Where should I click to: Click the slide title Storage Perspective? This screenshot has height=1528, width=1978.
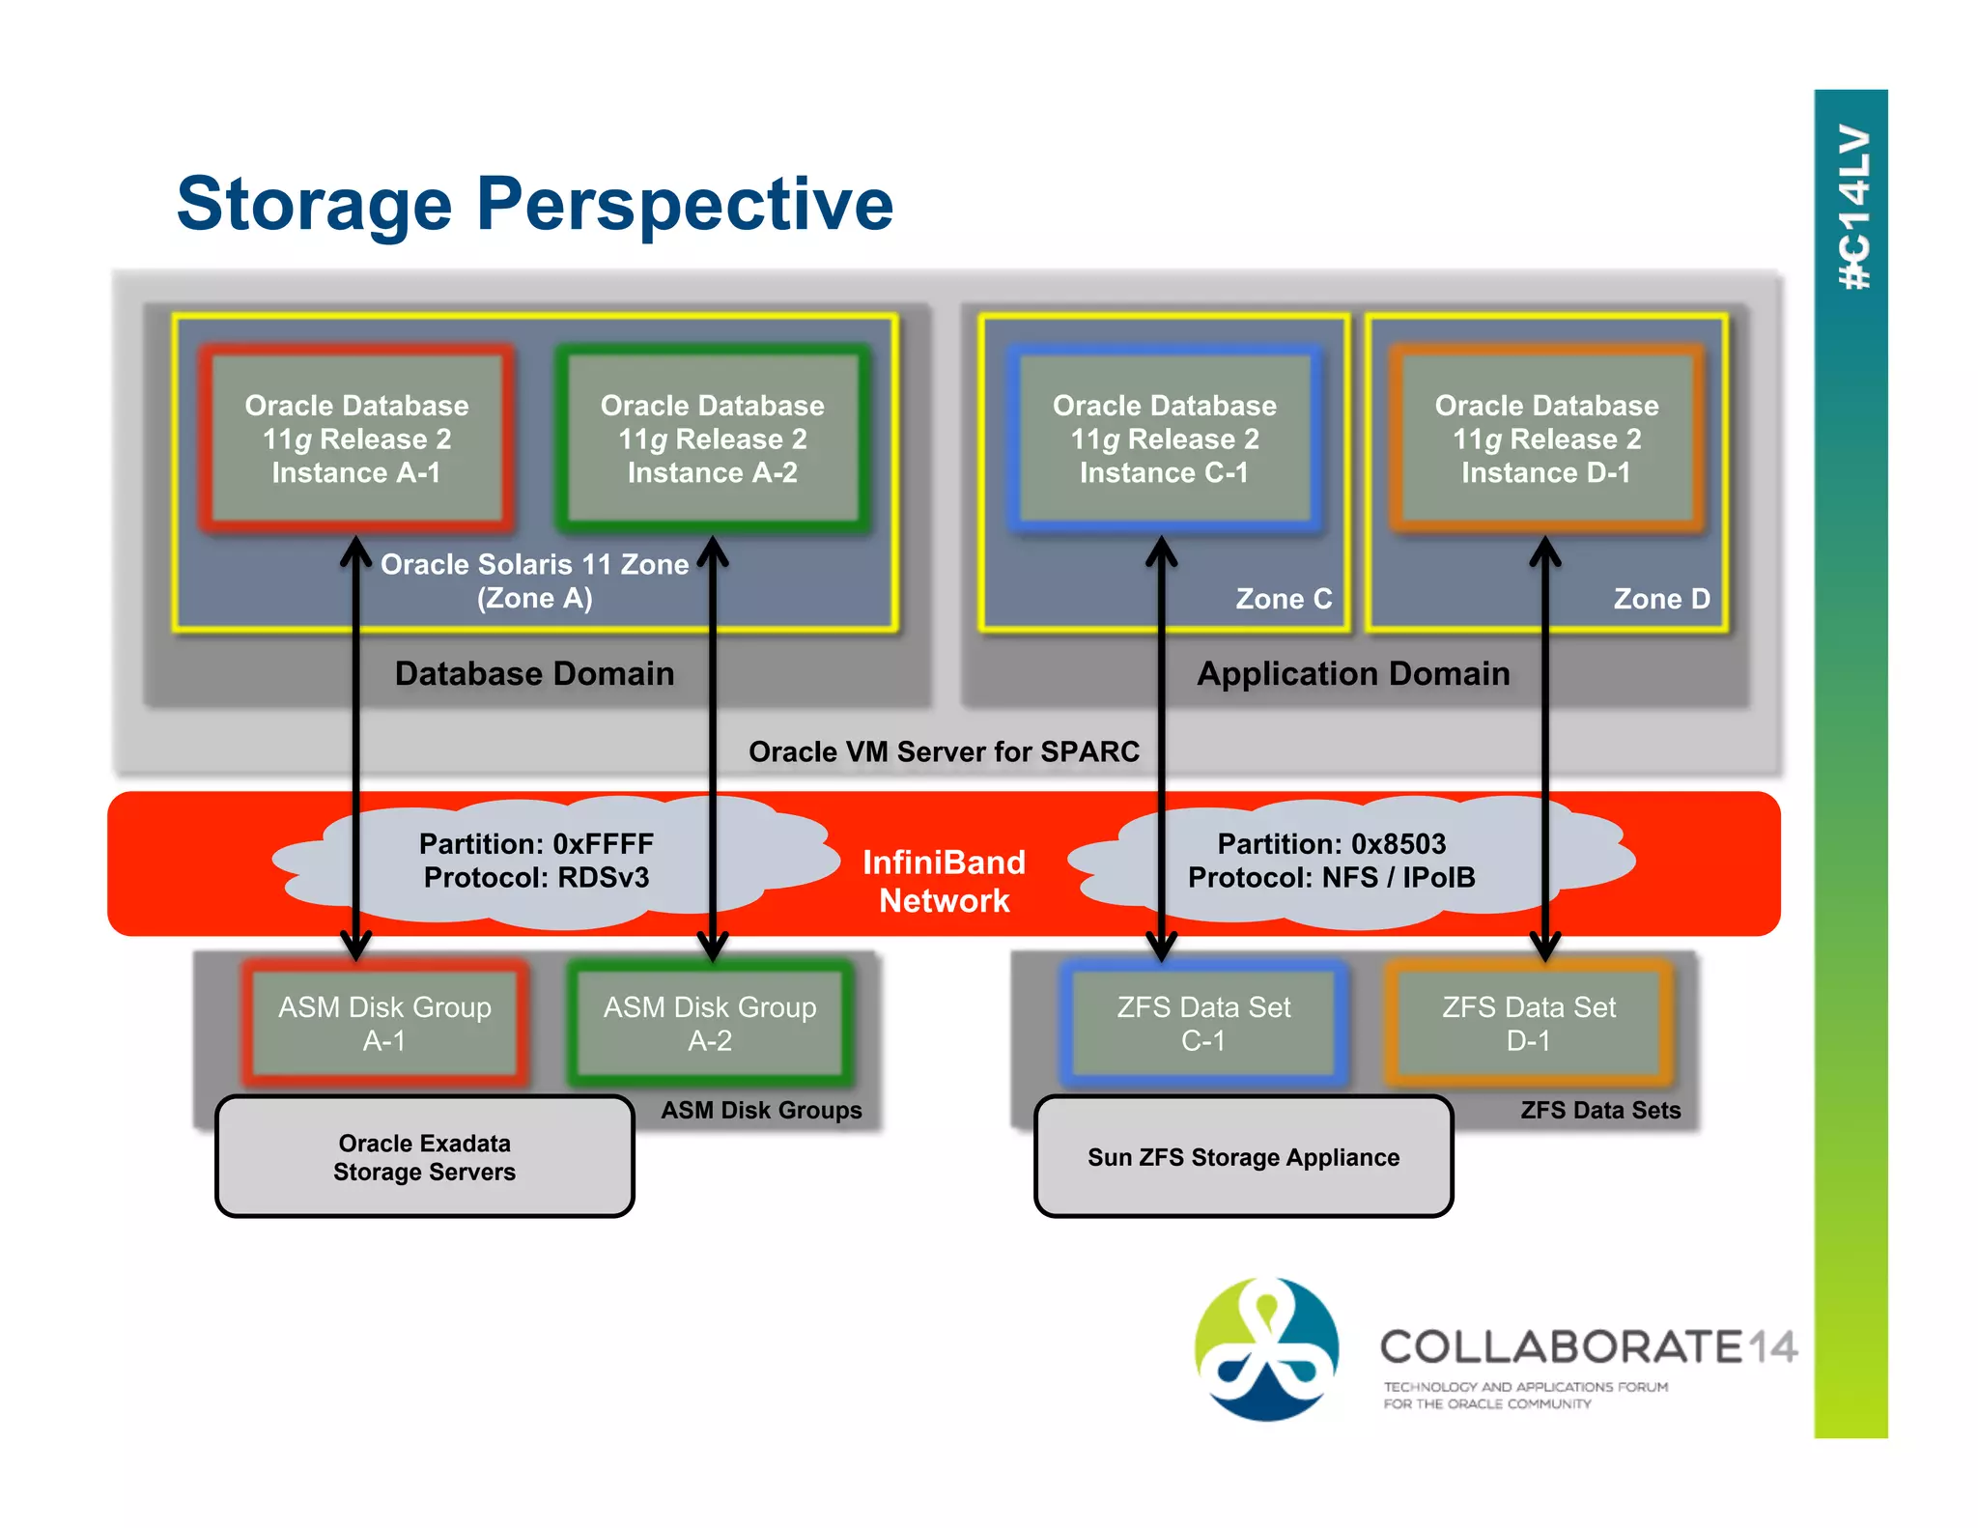click(x=534, y=204)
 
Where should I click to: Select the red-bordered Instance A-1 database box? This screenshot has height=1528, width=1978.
click(x=356, y=439)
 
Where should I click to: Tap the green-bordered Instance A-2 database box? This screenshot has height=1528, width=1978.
click(x=712, y=439)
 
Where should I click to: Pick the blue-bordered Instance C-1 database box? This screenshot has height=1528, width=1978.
click(x=1164, y=439)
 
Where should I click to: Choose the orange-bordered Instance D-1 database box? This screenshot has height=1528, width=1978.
click(x=1545, y=439)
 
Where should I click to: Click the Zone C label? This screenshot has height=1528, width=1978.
click(x=1283, y=599)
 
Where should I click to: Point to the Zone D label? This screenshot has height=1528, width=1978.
click(x=1660, y=599)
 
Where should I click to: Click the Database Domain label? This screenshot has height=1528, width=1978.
click(x=534, y=673)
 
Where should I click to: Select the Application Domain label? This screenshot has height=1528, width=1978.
click(x=1352, y=673)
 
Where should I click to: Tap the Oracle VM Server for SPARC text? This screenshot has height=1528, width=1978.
click(x=944, y=751)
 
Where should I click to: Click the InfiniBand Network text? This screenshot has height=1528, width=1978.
click(x=944, y=881)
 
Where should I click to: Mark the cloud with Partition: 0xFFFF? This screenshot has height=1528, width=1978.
click(x=536, y=861)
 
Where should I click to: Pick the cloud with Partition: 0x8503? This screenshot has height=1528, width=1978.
click(x=1331, y=861)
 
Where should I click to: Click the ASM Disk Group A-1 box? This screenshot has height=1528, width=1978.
click(x=384, y=1024)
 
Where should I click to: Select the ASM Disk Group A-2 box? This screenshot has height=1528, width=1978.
click(x=710, y=1024)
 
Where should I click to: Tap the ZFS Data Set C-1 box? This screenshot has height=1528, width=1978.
click(x=1202, y=1024)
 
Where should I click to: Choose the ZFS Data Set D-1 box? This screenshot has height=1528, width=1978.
click(x=1528, y=1024)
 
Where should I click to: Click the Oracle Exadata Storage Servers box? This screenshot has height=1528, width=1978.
click(x=424, y=1157)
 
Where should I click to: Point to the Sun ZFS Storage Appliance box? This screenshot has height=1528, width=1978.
click(x=1243, y=1157)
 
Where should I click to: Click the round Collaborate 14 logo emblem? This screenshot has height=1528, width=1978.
click(x=1266, y=1348)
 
